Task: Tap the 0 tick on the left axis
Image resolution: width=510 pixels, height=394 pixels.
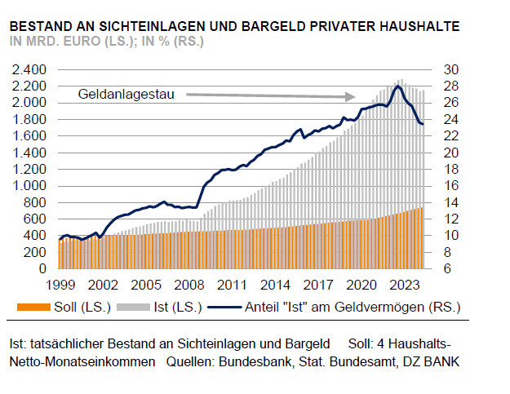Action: tap(42, 268)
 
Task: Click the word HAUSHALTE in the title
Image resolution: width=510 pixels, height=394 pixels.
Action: tap(416, 26)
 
